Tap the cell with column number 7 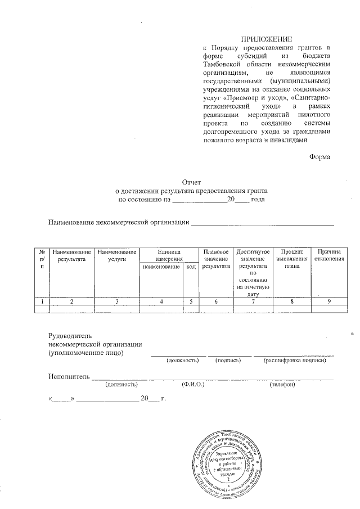pyautogui.click(x=253, y=301)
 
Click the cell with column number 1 pyautogui.click(x=42, y=301)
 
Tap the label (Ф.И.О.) pyautogui.click(x=192, y=385)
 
